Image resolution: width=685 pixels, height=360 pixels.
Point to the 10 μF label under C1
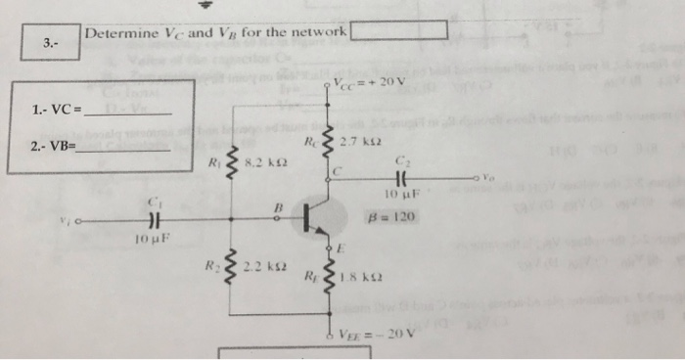(x=154, y=239)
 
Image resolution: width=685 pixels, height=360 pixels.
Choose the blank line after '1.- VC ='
(x=129, y=113)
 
